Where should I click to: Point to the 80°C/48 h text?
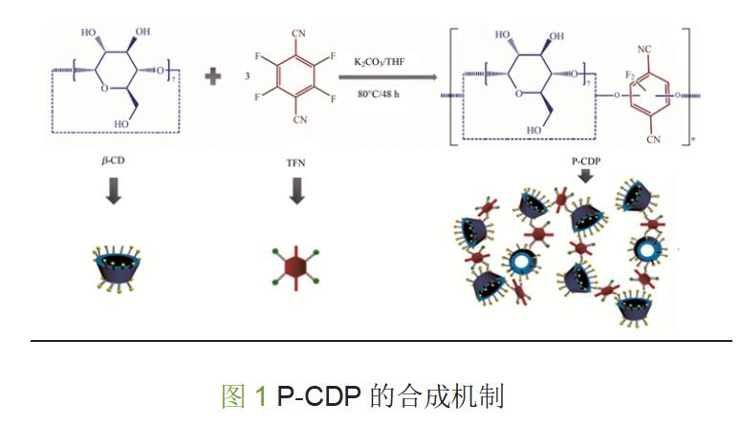(387, 95)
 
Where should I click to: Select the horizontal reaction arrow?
(389, 78)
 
